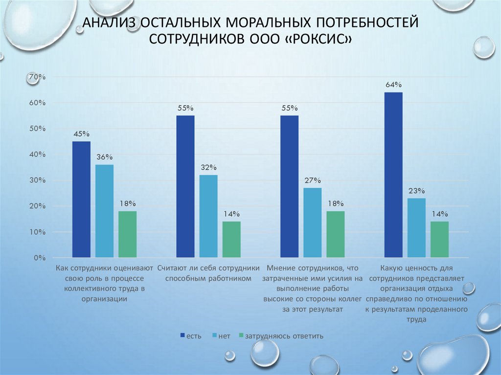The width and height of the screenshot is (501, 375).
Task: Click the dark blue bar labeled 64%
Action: pyautogui.click(x=393, y=175)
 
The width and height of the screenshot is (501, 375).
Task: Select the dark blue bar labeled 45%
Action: pyautogui.click(x=81, y=199)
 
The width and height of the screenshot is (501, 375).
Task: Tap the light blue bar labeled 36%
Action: pyautogui.click(x=104, y=211)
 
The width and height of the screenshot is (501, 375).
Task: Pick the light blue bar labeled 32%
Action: pyautogui.click(x=208, y=216)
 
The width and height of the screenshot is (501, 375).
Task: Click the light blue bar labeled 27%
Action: pyautogui.click(x=313, y=222)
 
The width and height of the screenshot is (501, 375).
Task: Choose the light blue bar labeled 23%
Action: pyautogui.click(x=416, y=227)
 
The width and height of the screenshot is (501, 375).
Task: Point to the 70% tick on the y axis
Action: pyautogui.click(x=37, y=77)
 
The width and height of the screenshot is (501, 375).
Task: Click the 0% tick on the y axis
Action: pyautogui.click(x=40, y=258)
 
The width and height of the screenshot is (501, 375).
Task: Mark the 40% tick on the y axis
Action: pyautogui.click(x=37, y=154)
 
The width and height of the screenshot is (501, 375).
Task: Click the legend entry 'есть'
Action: pyautogui.click(x=193, y=336)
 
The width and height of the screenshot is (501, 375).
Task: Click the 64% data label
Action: pyautogui.click(x=393, y=85)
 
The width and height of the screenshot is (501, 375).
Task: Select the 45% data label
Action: pyautogui.click(x=81, y=133)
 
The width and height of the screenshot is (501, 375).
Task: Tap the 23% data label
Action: pyautogui.click(x=417, y=191)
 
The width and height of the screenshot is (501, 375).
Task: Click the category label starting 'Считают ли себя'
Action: pyautogui.click(x=208, y=273)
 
